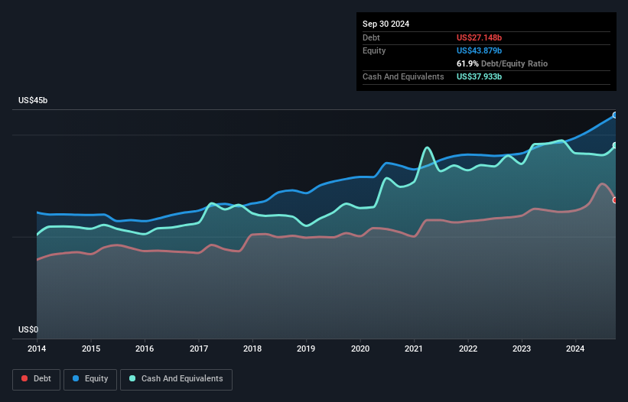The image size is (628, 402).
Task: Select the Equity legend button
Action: (x=90, y=378)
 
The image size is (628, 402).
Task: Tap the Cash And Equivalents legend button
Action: (x=176, y=378)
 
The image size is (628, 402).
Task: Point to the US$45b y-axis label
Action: (x=35, y=101)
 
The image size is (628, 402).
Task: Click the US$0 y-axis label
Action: (x=28, y=330)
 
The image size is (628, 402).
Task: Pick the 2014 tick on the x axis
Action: (x=37, y=349)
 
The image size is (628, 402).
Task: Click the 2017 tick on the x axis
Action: (x=199, y=349)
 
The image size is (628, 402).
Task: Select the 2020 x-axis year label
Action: (x=360, y=349)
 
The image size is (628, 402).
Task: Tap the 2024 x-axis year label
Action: (x=576, y=349)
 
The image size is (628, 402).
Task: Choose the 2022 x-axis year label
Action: (x=468, y=349)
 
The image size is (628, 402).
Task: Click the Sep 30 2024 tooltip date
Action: (x=386, y=24)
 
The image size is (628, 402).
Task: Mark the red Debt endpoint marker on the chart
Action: (x=615, y=200)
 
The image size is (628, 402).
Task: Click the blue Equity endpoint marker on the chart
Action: (x=615, y=115)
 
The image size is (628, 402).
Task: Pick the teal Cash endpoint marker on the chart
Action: (x=615, y=145)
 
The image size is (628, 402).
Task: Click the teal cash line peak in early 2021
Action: (x=427, y=148)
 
